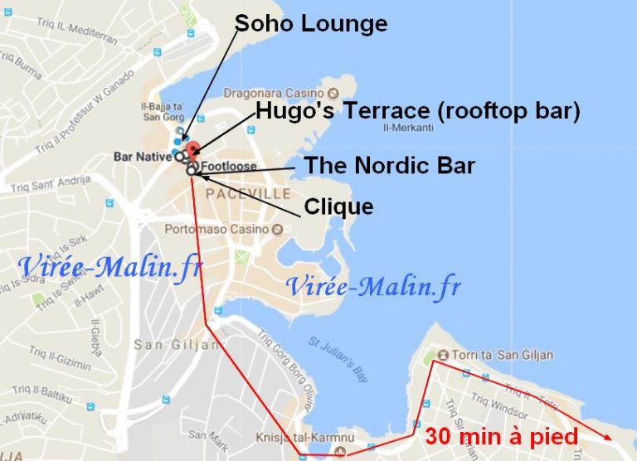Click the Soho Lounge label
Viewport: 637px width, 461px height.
point(311,23)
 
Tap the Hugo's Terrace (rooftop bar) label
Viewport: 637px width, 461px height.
point(417,110)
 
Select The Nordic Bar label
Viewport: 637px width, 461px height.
point(389,165)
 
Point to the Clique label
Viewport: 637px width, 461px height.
point(338,206)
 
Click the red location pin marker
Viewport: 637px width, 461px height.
point(192,150)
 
